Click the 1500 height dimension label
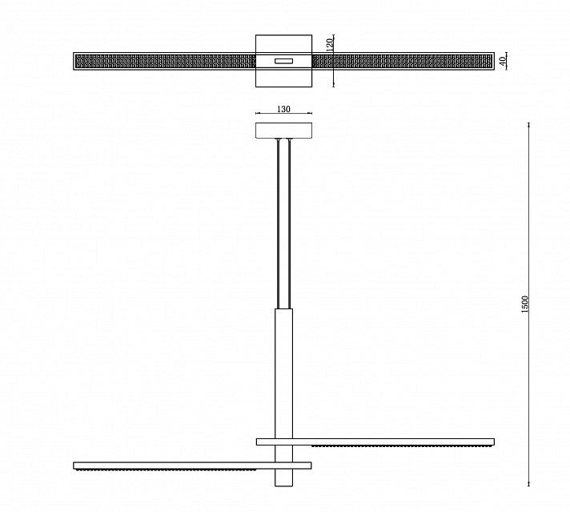pyautogui.click(x=524, y=304)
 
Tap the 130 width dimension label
pyautogui.click(x=283, y=109)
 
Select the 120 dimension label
pyautogui.click(x=330, y=45)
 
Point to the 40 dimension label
pyautogui.click(x=503, y=61)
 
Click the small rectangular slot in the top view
pyautogui.click(x=283, y=61)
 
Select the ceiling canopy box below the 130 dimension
pyautogui.click(x=283, y=131)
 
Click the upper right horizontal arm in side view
pyautogui.click(x=375, y=441)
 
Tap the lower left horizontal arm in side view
pyautogui.click(x=192, y=466)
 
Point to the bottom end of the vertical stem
pyautogui.click(x=283, y=486)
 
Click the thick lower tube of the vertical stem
pyautogui.click(x=283, y=397)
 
